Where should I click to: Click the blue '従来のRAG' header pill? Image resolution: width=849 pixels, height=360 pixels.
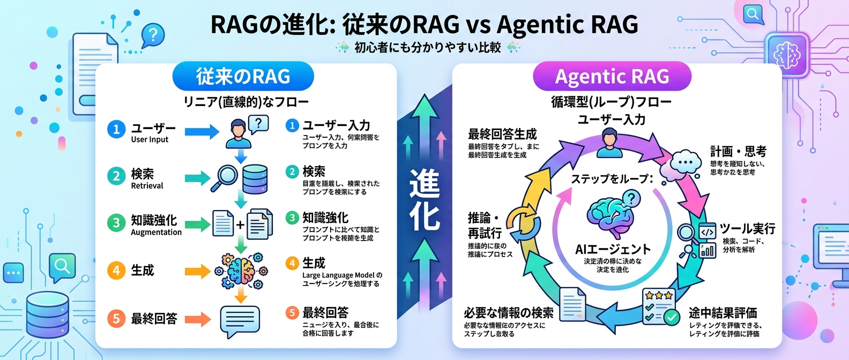click(243, 77)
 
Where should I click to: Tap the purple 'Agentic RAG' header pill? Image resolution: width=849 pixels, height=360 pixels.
click(612, 77)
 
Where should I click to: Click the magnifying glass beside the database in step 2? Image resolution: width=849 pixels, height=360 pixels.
click(224, 177)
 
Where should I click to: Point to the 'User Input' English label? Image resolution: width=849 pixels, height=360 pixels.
click(150, 140)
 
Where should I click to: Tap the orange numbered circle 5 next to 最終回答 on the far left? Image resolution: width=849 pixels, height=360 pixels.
click(116, 319)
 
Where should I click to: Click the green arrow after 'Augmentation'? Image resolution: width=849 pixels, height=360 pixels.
click(198, 224)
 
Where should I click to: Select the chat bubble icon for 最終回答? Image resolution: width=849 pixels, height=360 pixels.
click(240, 321)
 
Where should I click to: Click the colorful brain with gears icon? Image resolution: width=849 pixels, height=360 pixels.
click(241, 271)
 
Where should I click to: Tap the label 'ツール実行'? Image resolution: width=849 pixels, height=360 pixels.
click(747, 229)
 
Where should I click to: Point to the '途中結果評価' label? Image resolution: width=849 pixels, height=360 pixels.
click(723, 313)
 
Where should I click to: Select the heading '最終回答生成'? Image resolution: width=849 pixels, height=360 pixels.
click(502, 134)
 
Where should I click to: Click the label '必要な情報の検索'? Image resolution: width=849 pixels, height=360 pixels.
click(508, 313)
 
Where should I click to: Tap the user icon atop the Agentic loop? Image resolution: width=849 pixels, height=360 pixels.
click(609, 144)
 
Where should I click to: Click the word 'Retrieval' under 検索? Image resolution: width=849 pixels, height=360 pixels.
click(147, 186)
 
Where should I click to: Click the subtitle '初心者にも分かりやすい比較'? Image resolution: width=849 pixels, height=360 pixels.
click(427, 48)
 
